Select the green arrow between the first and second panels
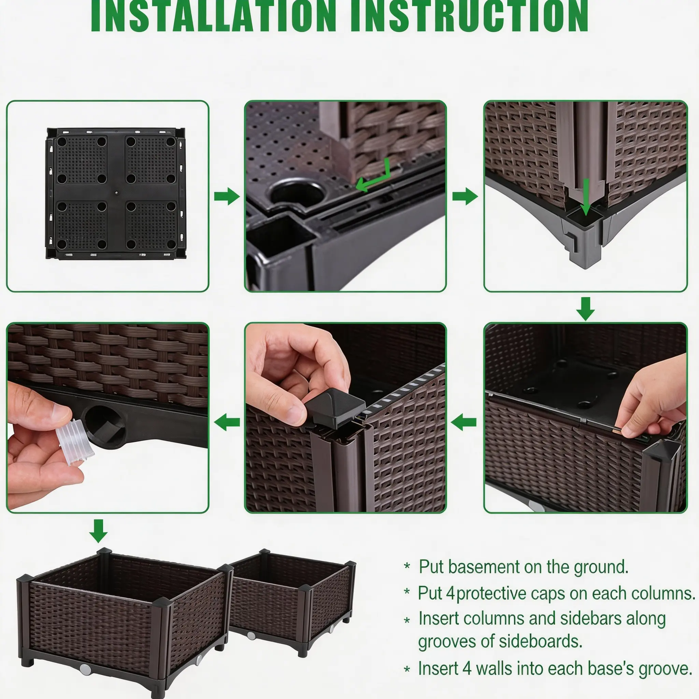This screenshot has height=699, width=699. click(x=227, y=197)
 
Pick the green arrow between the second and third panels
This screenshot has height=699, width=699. click(x=465, y=197)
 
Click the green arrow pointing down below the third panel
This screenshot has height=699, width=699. click(x=585, y=309)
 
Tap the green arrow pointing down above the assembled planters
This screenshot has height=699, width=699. click(x=98, y=531)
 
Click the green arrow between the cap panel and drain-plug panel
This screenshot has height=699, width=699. click(x=227, y=422)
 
